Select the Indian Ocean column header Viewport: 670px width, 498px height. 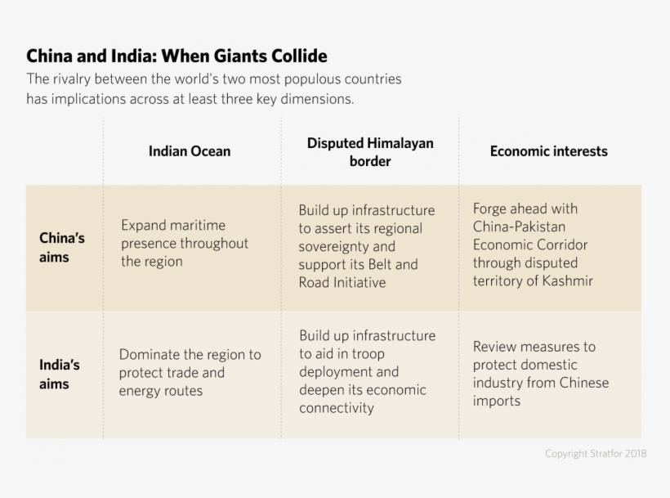[x=190, y=151]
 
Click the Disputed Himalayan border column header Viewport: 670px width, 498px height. [x=370, y=152]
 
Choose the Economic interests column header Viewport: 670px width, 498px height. [x=548, y=151]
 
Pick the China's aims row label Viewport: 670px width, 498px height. [x=62, y=248]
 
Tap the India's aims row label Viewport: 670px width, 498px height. [x=60, y=375]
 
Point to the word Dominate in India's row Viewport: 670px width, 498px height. [x=148, y=354]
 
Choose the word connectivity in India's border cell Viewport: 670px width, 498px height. [x=337, y=407]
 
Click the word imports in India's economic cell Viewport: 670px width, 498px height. [x=496, y=401]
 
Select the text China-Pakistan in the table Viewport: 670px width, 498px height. [x=519, y=227]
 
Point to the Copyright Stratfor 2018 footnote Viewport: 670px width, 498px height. [x=596, y=454]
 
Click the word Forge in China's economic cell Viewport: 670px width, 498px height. [x=489, y=209]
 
